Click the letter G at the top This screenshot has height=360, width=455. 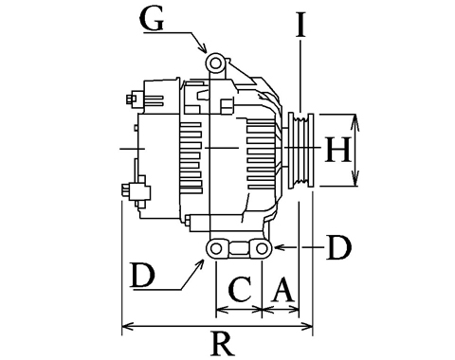(152, 19)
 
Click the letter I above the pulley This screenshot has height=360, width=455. (300, 25)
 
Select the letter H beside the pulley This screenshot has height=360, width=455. (337, 150)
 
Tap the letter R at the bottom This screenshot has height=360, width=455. (224, 344)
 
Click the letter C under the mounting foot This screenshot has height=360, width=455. (240, 289)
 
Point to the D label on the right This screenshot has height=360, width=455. (338, 247)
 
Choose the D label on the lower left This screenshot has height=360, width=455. (143, 276)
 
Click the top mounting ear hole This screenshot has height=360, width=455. (215, 63)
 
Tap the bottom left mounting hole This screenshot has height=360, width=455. (216, 249)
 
